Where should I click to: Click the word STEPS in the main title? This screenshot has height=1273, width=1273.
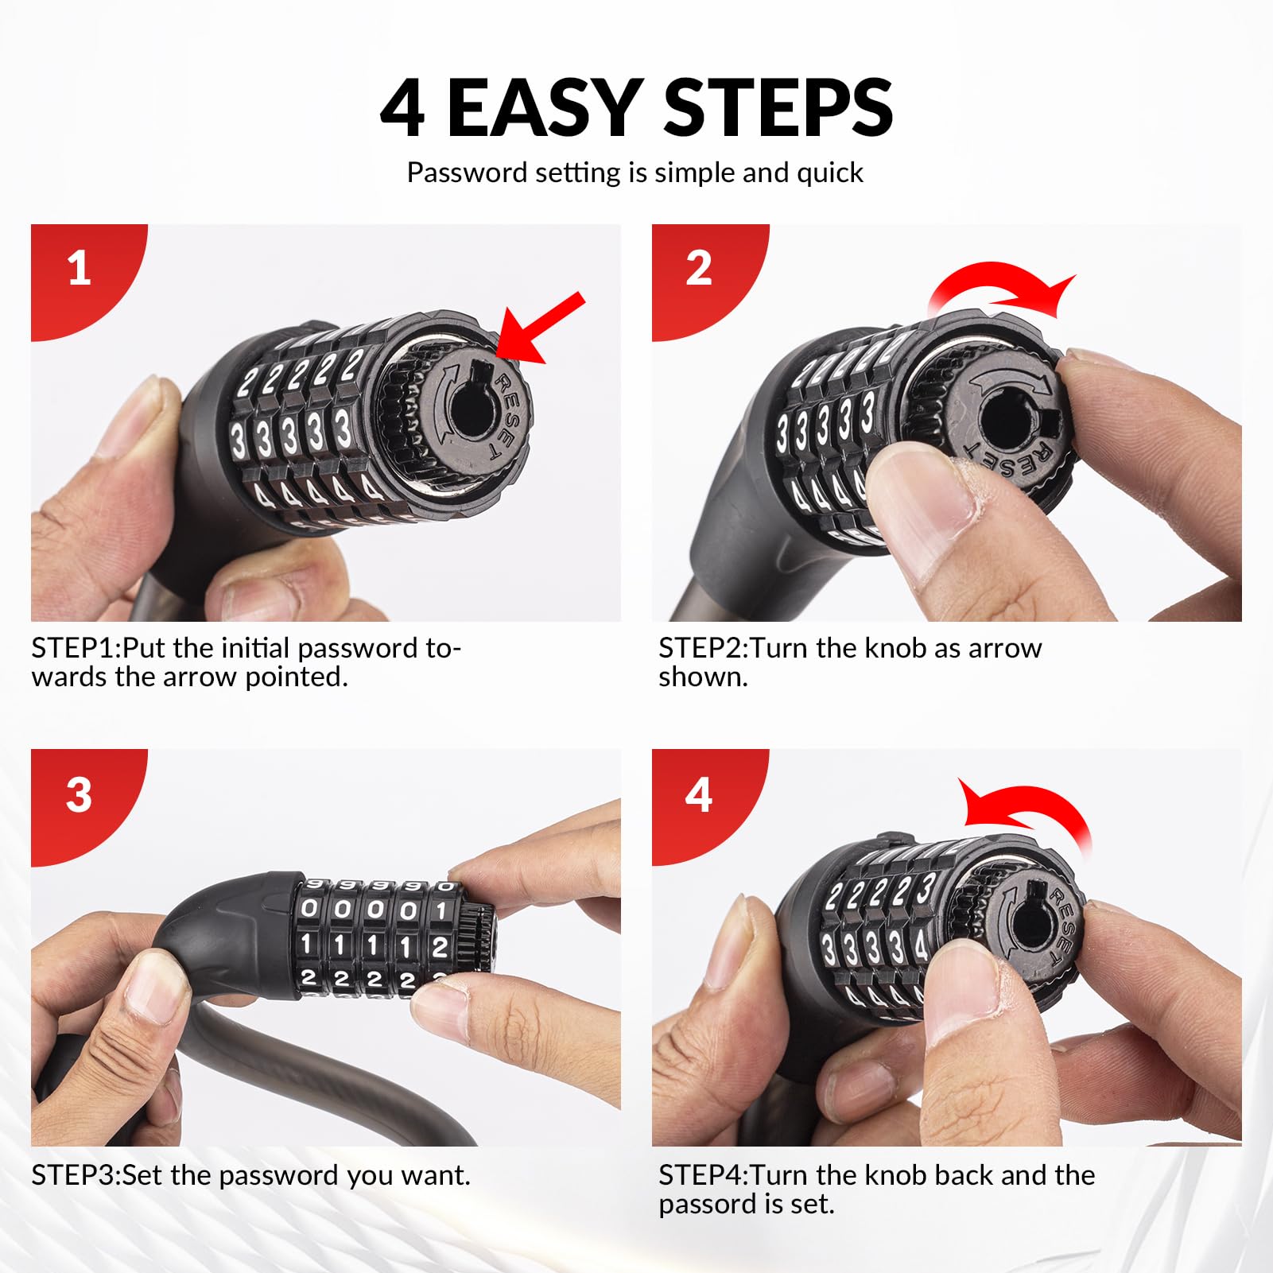coord(778,107)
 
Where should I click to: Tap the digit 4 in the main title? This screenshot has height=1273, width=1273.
coord(402,108)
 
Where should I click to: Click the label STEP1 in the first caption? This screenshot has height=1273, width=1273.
coord(73,649)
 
